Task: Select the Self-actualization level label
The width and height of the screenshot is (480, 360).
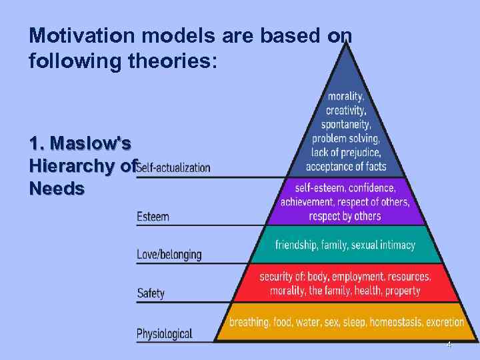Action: coord(173,167)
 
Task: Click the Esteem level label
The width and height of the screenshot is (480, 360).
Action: coord(153,216)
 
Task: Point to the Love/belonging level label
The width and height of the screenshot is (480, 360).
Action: coord(169,255)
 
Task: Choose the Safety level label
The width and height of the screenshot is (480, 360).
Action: coord(151,293)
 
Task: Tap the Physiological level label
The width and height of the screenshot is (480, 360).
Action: coord(164,333)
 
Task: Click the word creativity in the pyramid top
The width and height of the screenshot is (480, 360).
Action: coord(345,109)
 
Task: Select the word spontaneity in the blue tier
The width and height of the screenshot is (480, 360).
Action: coord(347,124)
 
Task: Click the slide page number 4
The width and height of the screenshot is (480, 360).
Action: coord(449,345)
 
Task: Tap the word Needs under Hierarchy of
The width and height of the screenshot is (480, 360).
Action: coord(57,189)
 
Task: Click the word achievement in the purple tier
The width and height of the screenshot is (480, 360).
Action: coord(308,202)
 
